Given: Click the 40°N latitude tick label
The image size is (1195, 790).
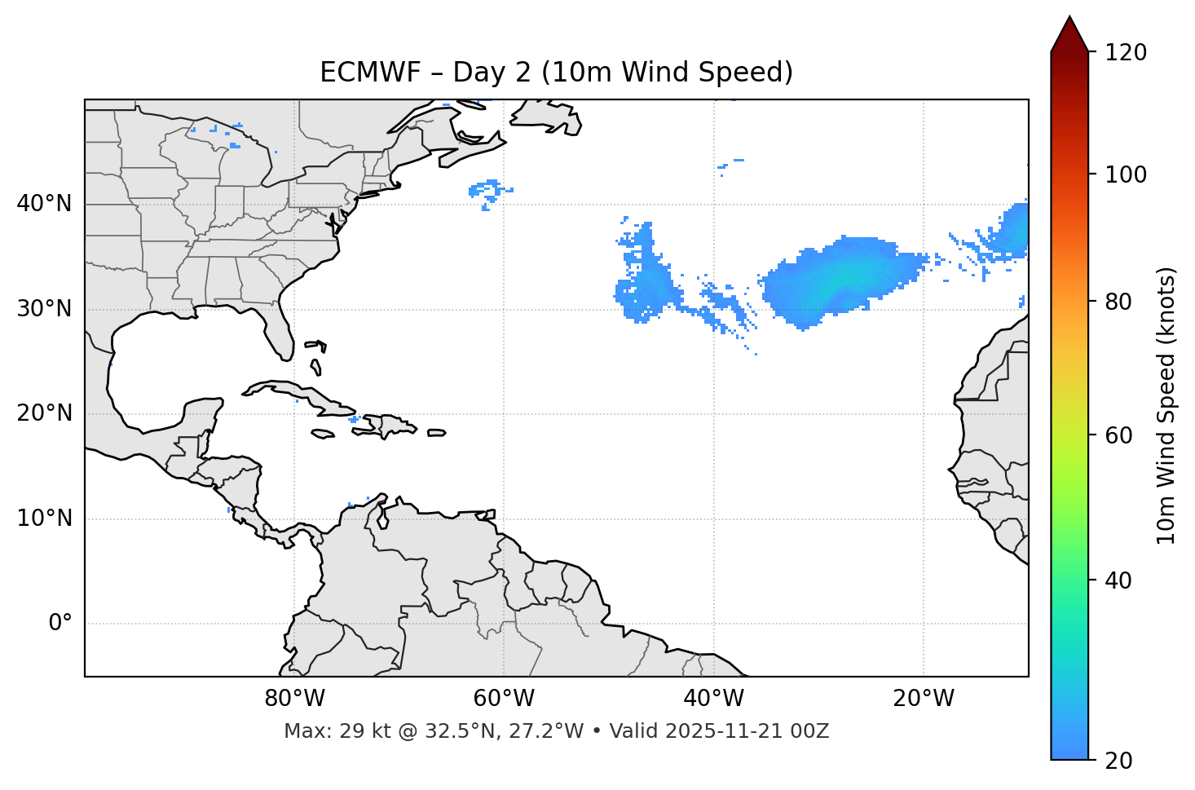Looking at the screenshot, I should [45, 204].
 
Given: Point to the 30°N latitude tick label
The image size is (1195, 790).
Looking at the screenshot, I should [45, 309].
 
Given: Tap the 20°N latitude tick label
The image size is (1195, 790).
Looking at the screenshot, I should [45, 413].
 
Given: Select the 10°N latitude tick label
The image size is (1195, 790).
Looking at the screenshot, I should [45, 519].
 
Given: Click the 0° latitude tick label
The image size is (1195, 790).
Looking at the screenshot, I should [60, 624].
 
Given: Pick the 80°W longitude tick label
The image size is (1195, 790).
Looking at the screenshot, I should [294, 699].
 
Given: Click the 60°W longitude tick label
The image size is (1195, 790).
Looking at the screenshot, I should [504, 699].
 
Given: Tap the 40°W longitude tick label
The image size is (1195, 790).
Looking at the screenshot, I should [713, 699].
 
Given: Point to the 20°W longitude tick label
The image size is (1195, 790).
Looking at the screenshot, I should [923, 699].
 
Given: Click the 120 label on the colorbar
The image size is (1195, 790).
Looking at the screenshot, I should [1126, 52].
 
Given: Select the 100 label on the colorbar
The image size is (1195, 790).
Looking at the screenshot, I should [1126, 174].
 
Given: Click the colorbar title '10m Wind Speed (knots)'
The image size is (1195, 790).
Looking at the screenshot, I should [1166, 406].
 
